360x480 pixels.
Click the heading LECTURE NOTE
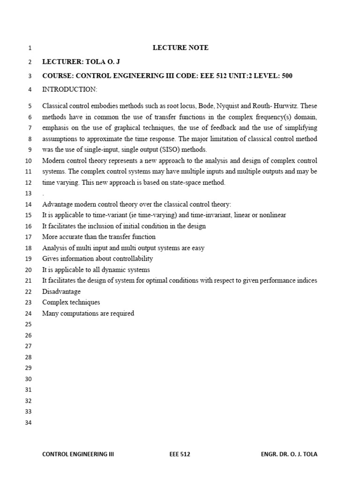[x=180, y=48]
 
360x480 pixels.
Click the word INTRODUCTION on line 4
[x=69, y=89]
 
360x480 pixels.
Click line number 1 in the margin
[x=30, y=48]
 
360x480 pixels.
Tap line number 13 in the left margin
[x=28, y=194]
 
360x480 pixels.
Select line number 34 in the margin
[x=28, y=423]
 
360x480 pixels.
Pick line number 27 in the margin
[x=28, y=346]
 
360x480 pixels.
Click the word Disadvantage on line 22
[x=61, y=292]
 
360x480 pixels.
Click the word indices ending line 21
[x=307, y=280]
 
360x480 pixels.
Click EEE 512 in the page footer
[x=180, y=454]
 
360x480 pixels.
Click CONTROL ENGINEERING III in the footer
[x=78, y=454]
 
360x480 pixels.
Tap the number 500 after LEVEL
[x=287, y=76]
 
